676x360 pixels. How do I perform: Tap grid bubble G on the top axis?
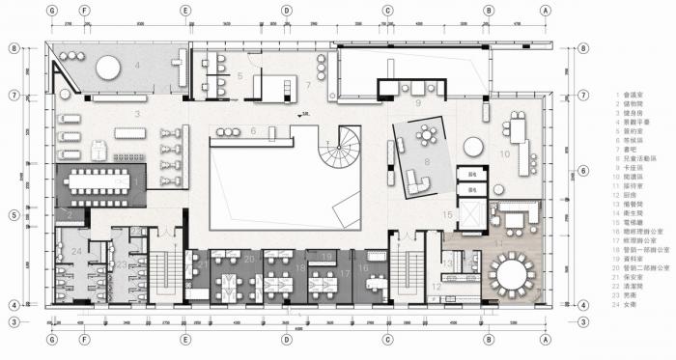(x=51, y=11)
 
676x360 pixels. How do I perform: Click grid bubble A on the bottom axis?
(x=546, y=338)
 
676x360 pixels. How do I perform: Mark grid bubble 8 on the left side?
(x=14, y=46)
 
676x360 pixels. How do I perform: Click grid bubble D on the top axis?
(x=287, y=11)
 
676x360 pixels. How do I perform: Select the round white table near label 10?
(x=473, y=147)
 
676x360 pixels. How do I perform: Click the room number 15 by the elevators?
(x=447, y=213)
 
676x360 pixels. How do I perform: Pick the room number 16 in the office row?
(x=363, y=268)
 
